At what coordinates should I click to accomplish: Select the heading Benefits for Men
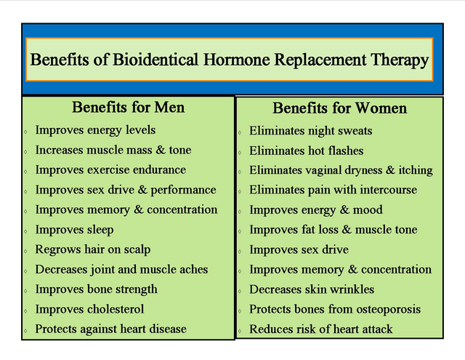pyautogui.click(x=128, y=108)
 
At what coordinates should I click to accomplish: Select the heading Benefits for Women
pyautogui.click(x=339, y=108)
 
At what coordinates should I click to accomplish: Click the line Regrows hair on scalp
pyautogui.click(x=93, y=249)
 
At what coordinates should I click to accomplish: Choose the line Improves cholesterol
pyautogui.click(x=89, y=309)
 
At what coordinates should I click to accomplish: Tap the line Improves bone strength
pyautogui.click(x=96, y=289)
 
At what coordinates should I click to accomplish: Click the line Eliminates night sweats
pyautogui.click(x=310, y=131)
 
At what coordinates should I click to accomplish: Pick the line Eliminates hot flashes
pyautogui.click(x=306, y=151)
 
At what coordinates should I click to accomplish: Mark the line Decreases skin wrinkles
pyautogui.click(x=312, y=289)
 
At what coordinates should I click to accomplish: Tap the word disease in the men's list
pyautogui.click(x=165, y=329)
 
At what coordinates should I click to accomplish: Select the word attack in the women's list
pyautogui.click(x=375, y=329)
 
